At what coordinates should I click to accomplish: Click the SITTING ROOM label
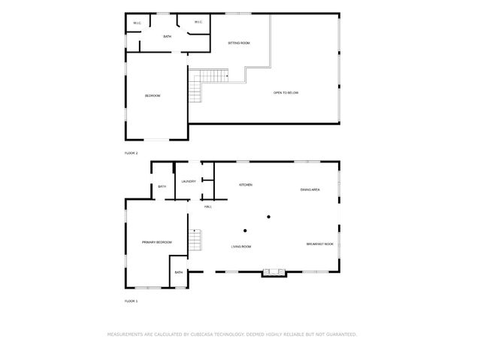(240, 43)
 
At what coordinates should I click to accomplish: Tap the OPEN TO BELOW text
(286, 92)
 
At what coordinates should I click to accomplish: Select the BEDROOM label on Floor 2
(153, 95)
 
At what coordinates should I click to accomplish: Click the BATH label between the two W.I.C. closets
(168, 36)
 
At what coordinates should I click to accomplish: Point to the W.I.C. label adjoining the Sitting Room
(198, 23)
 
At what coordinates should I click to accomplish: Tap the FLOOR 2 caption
(132, 153)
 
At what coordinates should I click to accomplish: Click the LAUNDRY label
(189, 181)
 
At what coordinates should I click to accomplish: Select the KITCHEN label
(245, 185)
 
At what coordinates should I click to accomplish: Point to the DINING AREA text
(310, 189)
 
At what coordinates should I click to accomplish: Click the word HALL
(207, 207)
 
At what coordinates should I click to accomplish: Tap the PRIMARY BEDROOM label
(157, 242)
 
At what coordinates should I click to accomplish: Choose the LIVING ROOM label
(241, 247)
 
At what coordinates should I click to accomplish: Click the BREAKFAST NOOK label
(319, 244)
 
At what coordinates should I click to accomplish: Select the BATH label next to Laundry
(162, 187)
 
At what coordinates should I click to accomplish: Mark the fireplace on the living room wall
(274, 272)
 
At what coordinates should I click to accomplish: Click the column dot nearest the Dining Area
(268, 217)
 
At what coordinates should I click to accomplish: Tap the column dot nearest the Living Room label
(245, 230)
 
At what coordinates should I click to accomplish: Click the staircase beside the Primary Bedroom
(195, 241)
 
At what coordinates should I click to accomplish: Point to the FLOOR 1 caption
(132, 301)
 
